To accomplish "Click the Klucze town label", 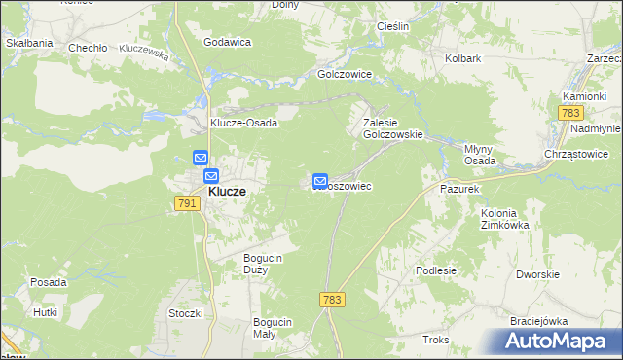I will [227, 192].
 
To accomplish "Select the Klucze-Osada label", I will [244, 123].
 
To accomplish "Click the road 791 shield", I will [187, 202].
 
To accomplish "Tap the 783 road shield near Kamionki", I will [570, 114].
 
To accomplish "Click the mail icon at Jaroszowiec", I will [319, 181].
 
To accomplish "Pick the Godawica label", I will [227, 43].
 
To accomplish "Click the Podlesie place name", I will [435, 271].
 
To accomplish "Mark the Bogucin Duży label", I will [263, 264].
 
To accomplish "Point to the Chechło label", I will [86, 47].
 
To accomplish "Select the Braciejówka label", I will [538, 320].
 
